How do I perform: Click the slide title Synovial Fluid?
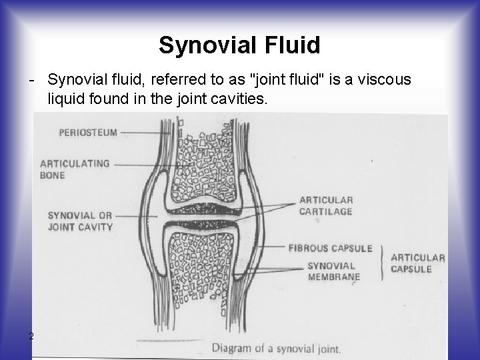point(239,45)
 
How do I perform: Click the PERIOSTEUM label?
point(88,132)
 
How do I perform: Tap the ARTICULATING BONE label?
point(75,169)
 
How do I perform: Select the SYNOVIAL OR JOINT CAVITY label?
point(80,221)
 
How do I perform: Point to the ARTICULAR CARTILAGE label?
point(326,205)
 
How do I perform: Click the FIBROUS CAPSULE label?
point(330,248)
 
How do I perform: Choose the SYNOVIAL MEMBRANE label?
point(334,271)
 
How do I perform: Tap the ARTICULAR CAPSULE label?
point(418,263)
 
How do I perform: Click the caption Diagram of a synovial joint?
point(275,348)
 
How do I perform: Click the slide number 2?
point(31,335)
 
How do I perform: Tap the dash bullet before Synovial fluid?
point(32,80)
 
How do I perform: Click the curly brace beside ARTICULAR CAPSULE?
point(382,262)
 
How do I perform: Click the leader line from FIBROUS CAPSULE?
point(267,248)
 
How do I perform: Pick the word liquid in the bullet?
point(66,100)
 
